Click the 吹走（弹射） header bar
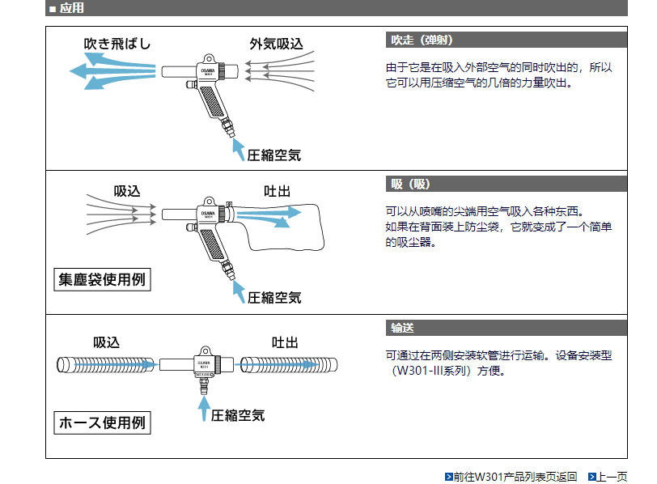506,40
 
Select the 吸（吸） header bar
506,184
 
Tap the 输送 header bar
506,328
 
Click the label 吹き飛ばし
118,44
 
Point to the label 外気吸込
276,44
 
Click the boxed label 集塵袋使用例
102,280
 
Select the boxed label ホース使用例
103,422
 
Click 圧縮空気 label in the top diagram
274,155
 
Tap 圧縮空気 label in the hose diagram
238,415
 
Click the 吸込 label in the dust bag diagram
127,191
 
